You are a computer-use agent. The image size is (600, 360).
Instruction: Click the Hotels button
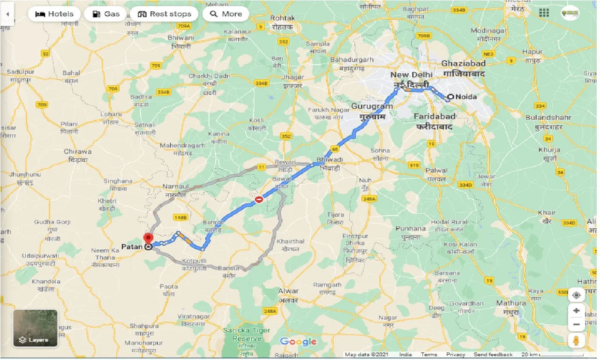54,14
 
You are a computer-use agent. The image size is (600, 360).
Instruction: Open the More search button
226,14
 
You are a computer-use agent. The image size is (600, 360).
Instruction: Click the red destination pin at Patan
149,239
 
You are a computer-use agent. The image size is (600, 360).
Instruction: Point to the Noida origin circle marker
449,97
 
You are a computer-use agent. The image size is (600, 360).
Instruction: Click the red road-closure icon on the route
259,200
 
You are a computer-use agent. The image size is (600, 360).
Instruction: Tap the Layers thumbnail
35,328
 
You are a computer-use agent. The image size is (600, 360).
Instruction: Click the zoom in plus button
577,310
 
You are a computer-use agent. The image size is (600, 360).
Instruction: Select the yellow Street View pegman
577,341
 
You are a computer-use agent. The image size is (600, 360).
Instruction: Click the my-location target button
577,295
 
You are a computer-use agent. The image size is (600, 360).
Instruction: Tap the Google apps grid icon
544,13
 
